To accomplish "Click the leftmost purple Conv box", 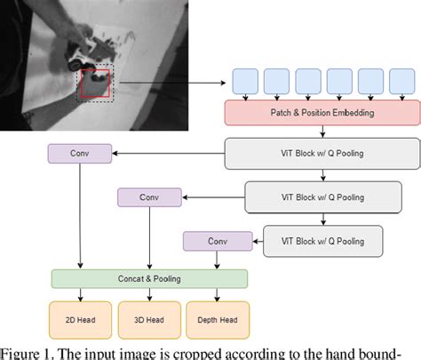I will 81,154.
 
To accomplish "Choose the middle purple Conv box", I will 148,196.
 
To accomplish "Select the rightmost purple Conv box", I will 217,239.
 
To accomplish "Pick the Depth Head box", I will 217,319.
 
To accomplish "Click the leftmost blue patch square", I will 246,80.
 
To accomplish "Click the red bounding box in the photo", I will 95,83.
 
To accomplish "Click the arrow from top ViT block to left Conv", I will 169,154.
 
